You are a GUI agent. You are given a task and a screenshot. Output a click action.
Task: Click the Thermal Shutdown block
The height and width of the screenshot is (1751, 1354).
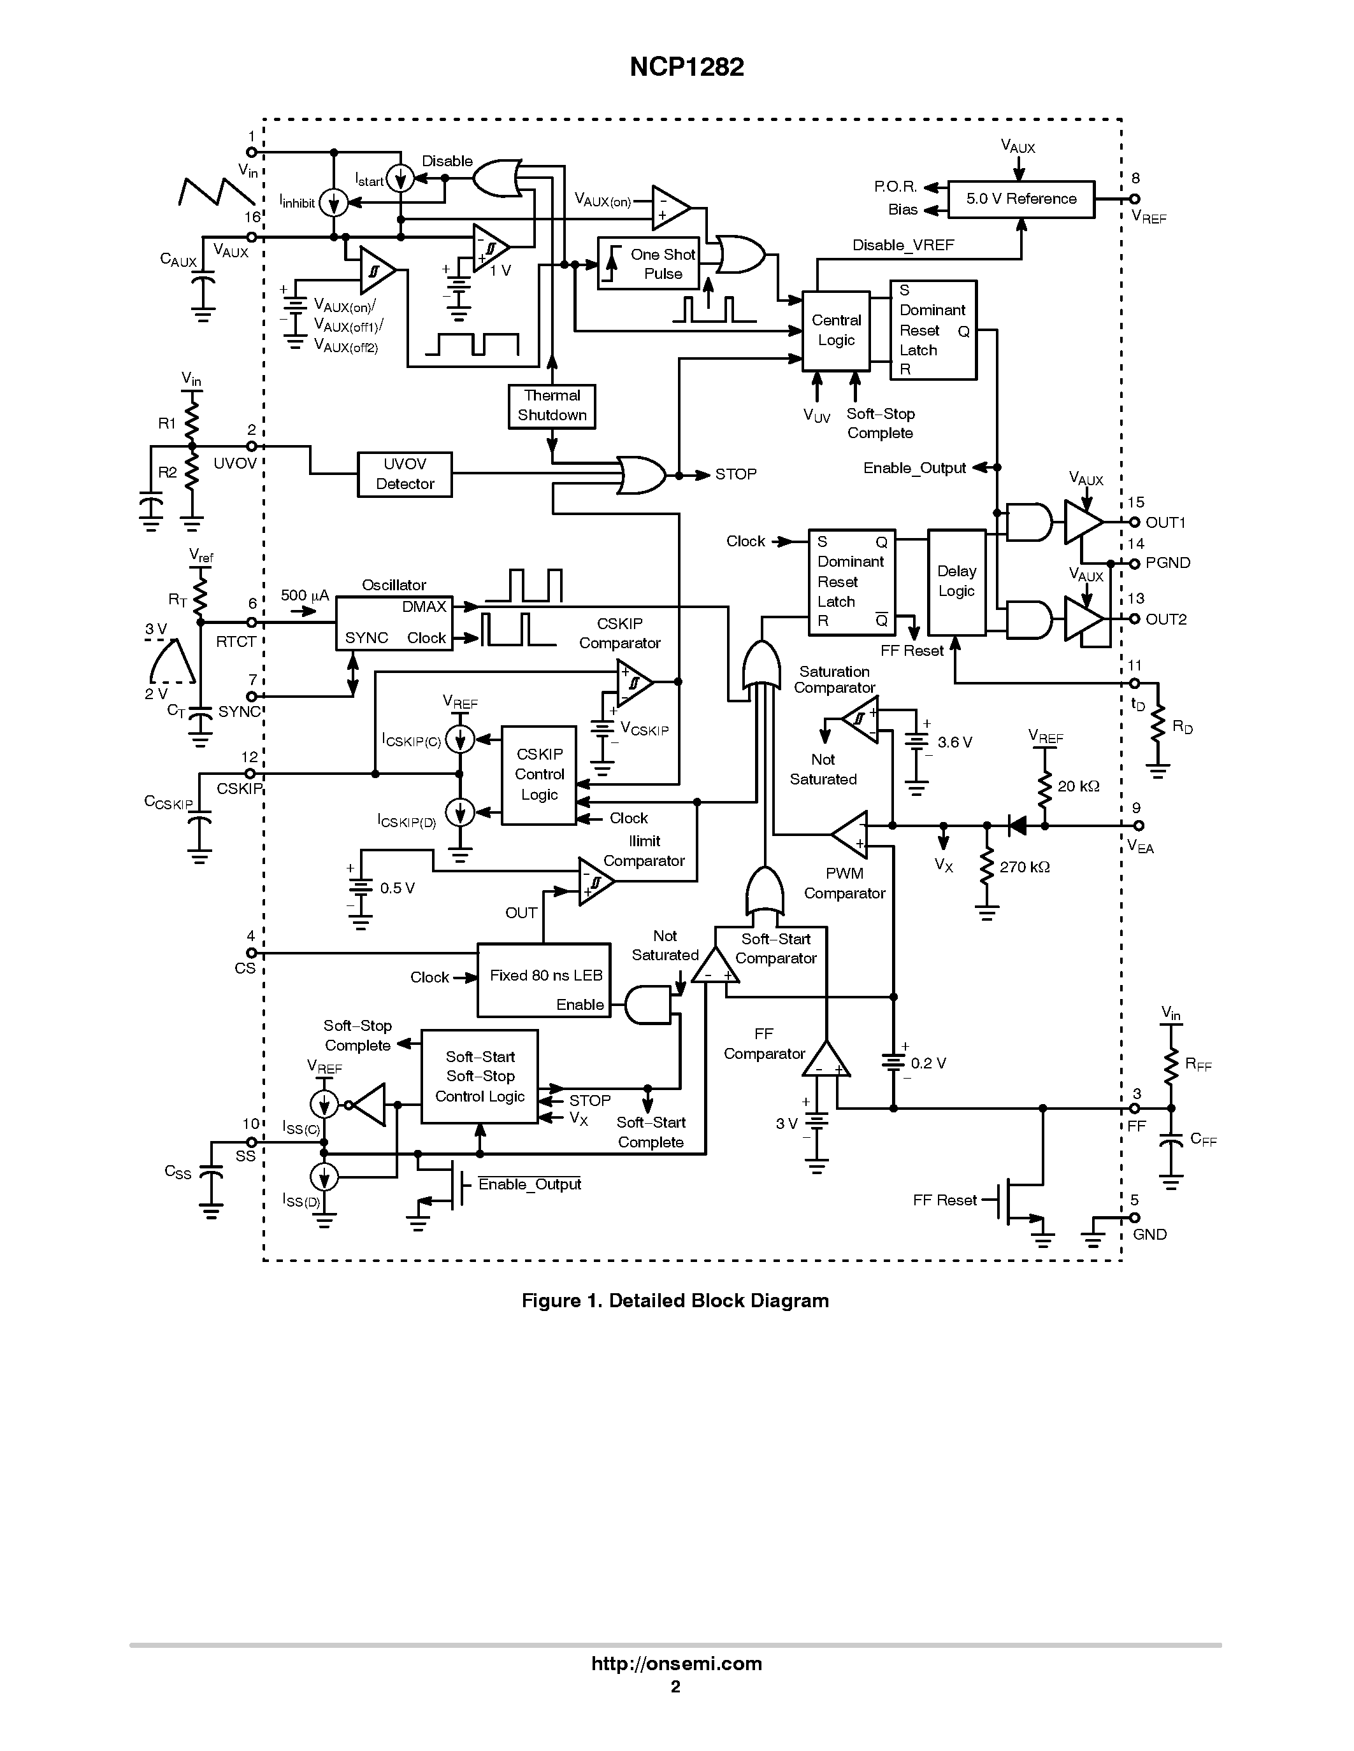click(552, 406)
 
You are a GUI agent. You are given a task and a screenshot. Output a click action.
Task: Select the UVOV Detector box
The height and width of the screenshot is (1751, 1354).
click(404, 474)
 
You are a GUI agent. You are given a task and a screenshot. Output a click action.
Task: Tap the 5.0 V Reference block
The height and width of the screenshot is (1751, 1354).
click(1020, 199)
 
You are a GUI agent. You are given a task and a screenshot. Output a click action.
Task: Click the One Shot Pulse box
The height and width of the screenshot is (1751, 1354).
click(648, 264)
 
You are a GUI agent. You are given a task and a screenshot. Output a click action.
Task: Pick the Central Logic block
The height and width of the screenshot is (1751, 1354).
click(836, 330)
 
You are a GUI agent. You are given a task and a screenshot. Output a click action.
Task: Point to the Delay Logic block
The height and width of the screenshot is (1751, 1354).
click(956, 581)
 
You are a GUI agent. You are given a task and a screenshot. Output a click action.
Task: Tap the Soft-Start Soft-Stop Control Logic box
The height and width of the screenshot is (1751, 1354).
click(480, 1076)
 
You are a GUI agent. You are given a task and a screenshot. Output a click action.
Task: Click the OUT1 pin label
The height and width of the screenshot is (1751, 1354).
click(1165, 523)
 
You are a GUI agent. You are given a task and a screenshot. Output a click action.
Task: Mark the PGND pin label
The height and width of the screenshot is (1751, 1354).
click(1168, 563)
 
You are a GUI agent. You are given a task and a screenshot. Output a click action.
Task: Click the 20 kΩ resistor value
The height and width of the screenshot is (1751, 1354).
click(1078, 786)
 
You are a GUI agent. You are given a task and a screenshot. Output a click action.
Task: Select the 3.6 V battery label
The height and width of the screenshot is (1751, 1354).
click(954, 742)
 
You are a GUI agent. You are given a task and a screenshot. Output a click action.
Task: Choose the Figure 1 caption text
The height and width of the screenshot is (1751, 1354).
click(675, 1300)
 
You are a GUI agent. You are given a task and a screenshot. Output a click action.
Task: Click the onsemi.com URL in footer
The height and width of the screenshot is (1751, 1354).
click(676, 1664)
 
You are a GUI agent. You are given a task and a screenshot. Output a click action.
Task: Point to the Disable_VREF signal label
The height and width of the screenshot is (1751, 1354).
click(904, 245)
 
